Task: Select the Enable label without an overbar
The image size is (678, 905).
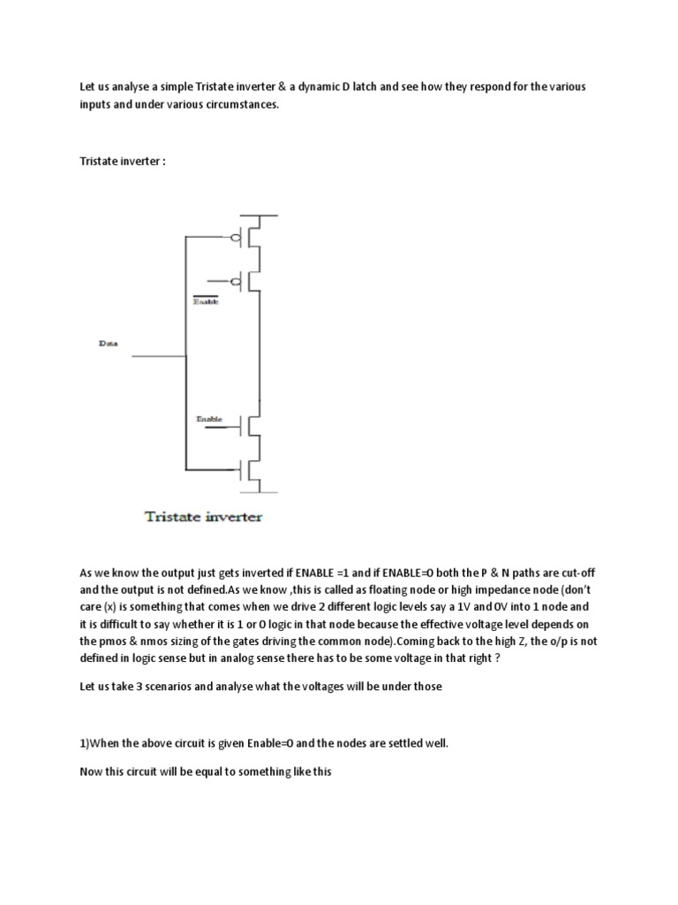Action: [x=209, y=418]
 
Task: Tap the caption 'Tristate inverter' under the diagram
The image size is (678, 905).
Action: [x=203, y=516]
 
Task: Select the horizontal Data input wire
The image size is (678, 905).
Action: [x=159, y=356]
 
